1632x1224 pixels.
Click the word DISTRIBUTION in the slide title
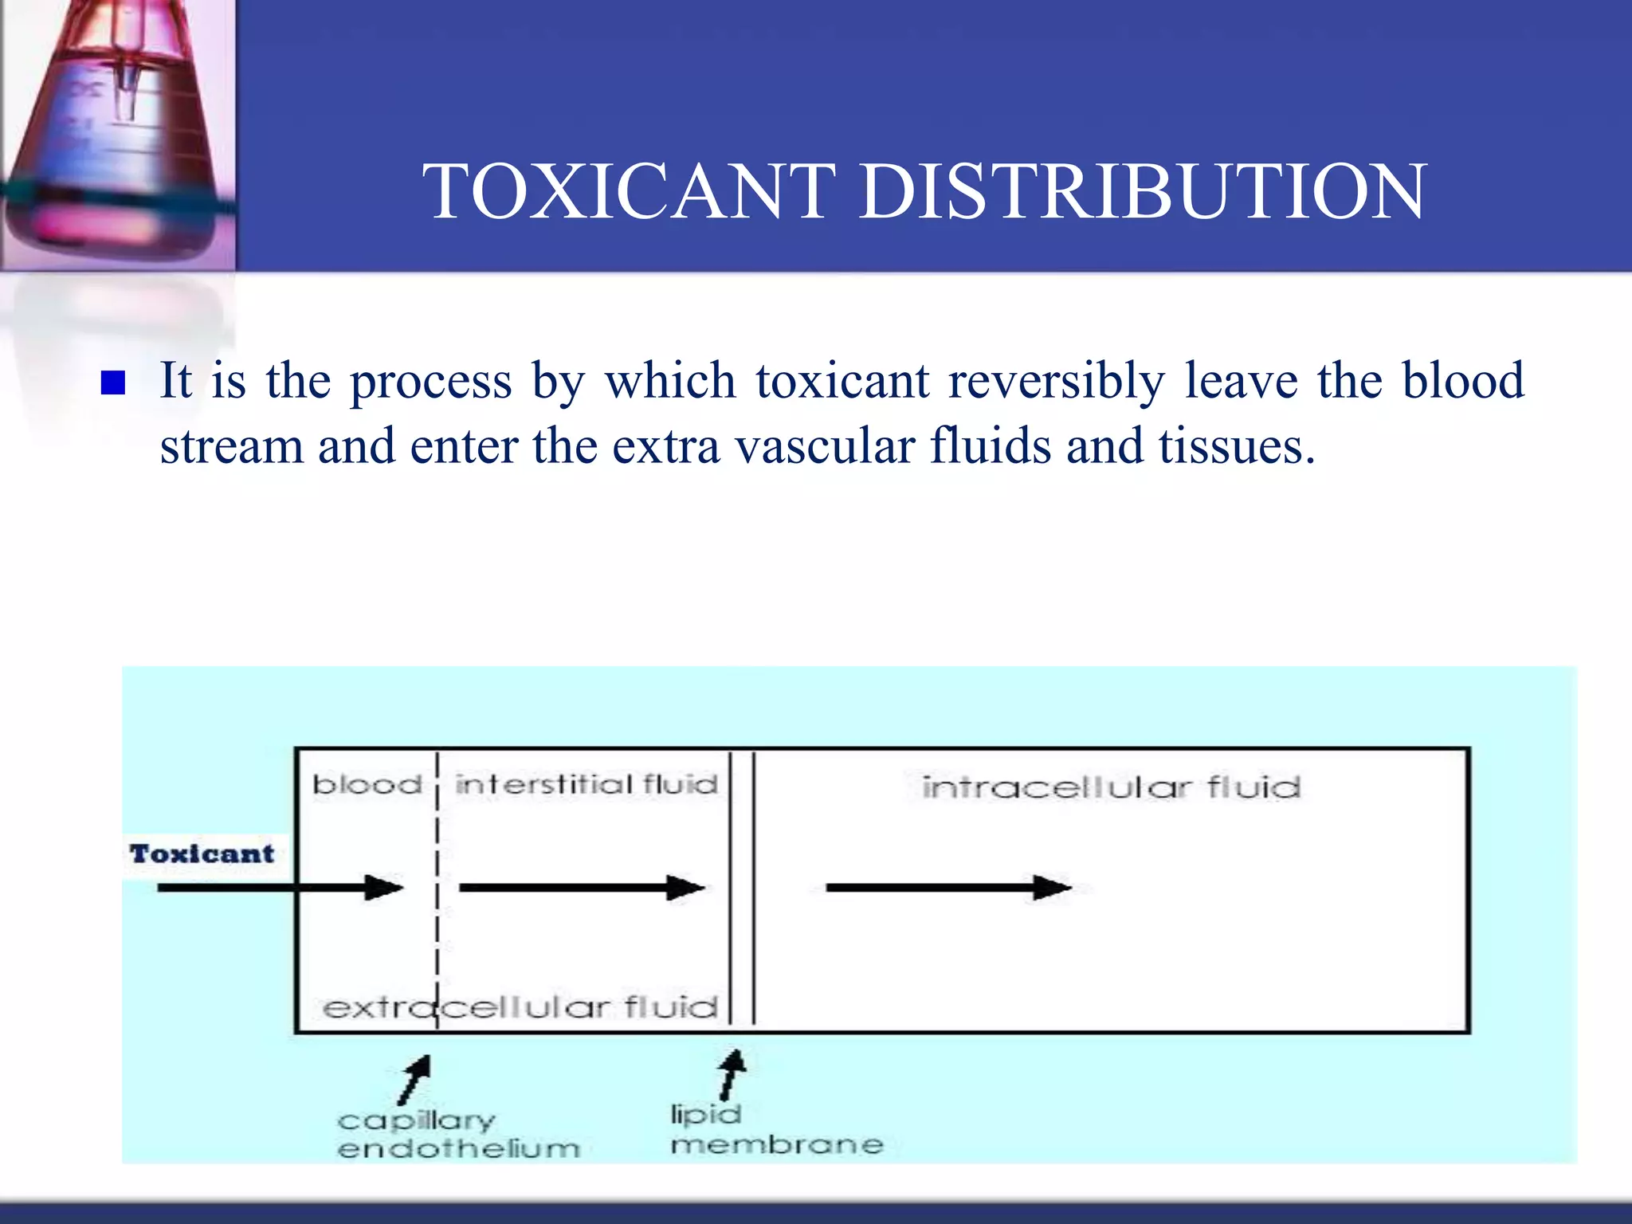[1144, 191]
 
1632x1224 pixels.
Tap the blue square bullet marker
[113, 383]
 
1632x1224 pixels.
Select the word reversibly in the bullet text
[1056, 380]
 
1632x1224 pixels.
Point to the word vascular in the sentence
[824, 445]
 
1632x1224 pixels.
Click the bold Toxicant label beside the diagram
[202, 854]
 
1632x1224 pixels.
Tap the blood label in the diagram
[367, 785]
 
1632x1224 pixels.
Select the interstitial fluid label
[586, 785]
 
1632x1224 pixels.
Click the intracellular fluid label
[1111, 788]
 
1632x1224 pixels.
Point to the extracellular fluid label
[520, 1007]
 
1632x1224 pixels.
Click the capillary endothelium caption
[457, 1135]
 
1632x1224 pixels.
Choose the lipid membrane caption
[776, 1130]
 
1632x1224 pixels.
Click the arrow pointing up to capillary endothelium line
[415, 1079]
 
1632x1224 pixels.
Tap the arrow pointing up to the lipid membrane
[731, 1074]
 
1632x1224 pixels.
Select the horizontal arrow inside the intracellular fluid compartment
[948, 887]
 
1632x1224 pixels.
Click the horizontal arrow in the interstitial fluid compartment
[582, 887]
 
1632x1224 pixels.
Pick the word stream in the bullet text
[231, 445]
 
